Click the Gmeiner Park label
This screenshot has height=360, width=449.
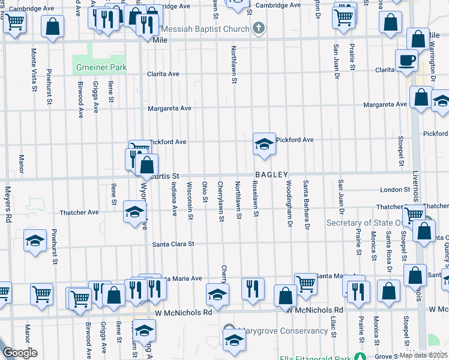101,68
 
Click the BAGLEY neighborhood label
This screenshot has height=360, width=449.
272,175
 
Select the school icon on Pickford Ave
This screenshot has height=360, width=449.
264,144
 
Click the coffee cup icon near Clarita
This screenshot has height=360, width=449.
406,60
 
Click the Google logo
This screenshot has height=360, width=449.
20,353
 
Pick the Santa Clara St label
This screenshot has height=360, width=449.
173,244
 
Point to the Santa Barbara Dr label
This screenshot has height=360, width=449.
306,205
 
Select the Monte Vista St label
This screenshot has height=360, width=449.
34,72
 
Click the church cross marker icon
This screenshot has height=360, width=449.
259,28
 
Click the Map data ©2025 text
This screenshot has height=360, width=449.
423,355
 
